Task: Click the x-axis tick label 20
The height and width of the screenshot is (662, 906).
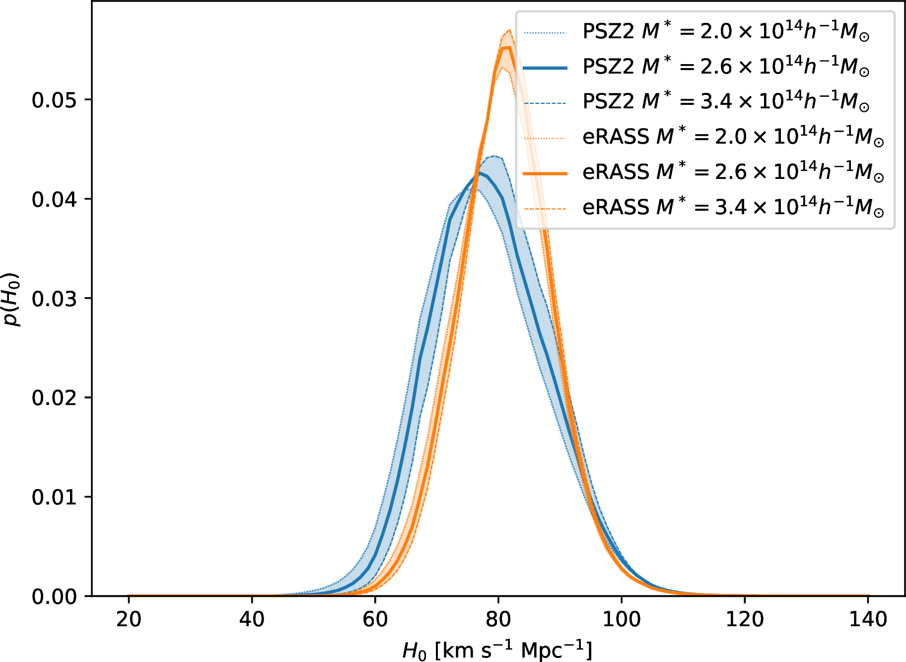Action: pyautogui.click(x=129, y=620)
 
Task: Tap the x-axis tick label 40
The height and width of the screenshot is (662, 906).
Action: pyautogui.click(x=252, y=620)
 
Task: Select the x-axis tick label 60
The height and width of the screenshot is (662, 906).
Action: pyautogui.click(x=375, y=620)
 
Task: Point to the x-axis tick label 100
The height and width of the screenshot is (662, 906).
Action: pyautogui.click(x=622, y=620)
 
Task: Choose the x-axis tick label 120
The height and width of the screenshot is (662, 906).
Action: pyautogui.click(x=745, y=620)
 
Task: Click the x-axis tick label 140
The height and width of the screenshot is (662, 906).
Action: pyautogui.click(x=868, y=620)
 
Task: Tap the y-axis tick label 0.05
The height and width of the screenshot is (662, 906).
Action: pyautogui.click(x=54, y=100)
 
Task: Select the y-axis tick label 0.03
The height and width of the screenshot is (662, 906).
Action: pyautogui.click(x=54, y=299)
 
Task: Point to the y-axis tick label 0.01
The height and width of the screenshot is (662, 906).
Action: pyautogui.click(x=54, y=497)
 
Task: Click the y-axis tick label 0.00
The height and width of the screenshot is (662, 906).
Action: pyautogui.click(x=54, y=597)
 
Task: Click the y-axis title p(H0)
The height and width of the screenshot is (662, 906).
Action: pyautogui.click(x=12, y=299)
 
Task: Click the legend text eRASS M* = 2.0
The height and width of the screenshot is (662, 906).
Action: pyautogui.click(x=733, y=137)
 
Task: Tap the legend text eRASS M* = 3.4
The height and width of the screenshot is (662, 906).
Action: pyautogui.click(x=733, y=207)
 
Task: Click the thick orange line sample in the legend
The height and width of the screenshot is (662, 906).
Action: pyautogui.click(x=545, y=173)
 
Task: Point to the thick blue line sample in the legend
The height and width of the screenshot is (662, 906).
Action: pyautogui.click(x=545, y=68)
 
